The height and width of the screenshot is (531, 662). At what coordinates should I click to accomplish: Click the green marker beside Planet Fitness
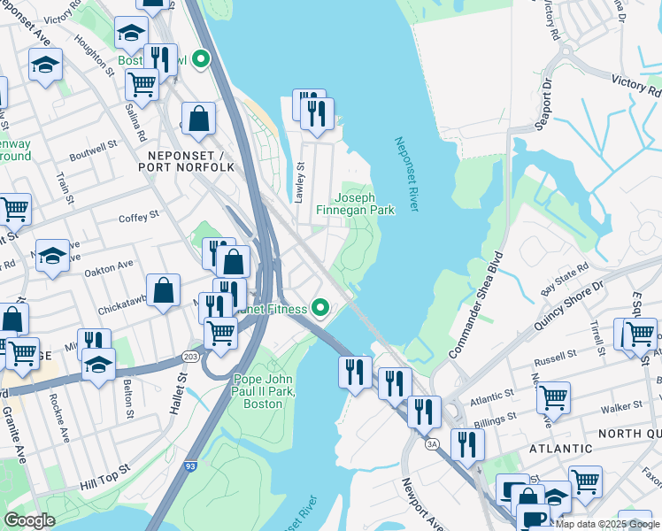click(320, 309)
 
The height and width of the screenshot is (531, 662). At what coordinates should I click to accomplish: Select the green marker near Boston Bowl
click(201, 60)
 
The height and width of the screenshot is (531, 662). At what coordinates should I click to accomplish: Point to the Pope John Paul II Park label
click(264, 391)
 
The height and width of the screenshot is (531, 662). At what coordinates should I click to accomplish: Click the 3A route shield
click(431, 443)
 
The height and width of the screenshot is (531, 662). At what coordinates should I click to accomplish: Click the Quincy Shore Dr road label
click(567, 307)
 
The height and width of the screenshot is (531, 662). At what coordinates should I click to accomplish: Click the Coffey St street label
click(138, 215)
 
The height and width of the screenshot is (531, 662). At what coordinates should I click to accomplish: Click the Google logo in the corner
click(29, 519)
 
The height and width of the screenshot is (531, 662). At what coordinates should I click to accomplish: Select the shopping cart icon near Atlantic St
click(553, 397)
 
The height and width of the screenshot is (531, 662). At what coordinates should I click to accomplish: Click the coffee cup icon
click(532, 519)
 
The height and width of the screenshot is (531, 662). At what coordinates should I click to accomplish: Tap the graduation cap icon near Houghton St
click(131, 33)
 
